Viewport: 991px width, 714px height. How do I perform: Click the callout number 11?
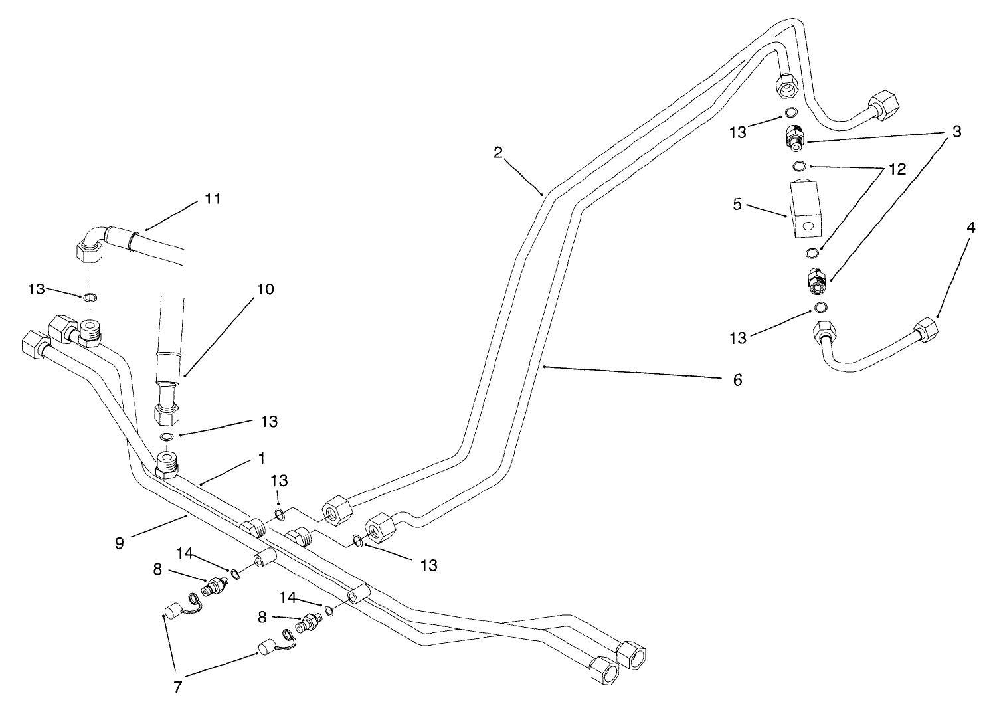coord(213,198)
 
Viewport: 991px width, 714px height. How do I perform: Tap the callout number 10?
coord(264,290)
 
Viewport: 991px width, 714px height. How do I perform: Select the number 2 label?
coord(498,152)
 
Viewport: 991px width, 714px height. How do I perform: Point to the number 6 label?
coord(737,380)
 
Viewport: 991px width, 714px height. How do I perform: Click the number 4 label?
coord(970,228)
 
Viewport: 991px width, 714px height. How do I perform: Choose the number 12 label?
coord(897,169)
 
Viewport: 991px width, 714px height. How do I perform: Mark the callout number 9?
coord(120,543)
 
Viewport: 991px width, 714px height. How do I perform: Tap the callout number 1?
coord(262,458)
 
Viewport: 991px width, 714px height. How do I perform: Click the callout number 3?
coord(956,132)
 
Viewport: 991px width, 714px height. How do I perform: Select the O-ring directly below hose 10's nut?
coord(167,436)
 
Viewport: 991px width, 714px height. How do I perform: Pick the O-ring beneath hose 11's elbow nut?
coord(90,297)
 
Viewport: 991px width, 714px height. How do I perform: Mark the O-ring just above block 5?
coord(800,165)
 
